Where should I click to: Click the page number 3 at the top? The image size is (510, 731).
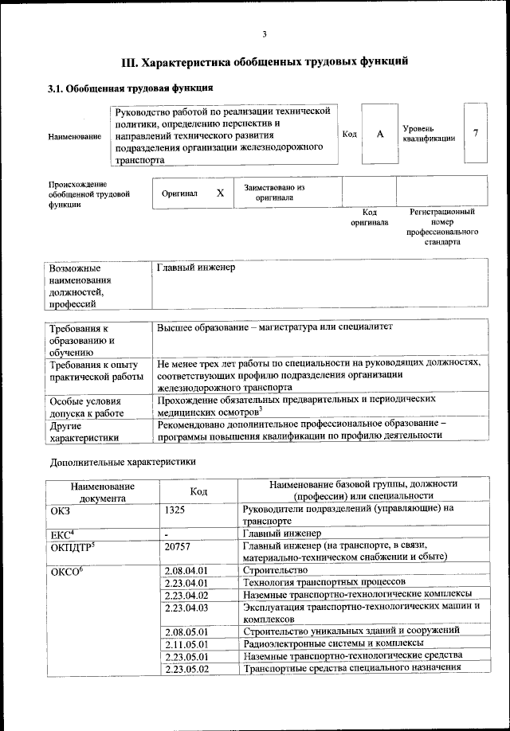[264, 33]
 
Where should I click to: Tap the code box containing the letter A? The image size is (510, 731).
[380, 134]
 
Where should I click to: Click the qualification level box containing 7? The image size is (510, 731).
[475, 133]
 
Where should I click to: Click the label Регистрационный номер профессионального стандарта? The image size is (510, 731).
[442, 227]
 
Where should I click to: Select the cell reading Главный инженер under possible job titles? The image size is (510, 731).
[196, 268]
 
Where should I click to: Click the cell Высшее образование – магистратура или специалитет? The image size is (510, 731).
[275, 327]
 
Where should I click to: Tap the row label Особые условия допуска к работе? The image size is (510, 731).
[87, 406]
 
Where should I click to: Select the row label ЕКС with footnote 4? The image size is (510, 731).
[62, 533]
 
